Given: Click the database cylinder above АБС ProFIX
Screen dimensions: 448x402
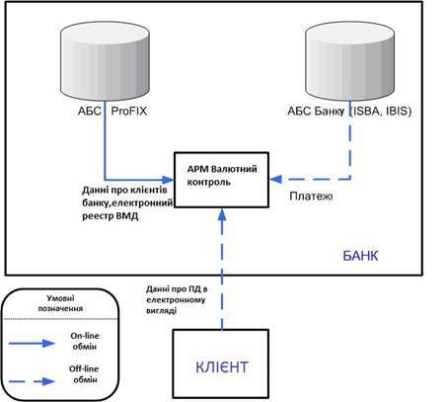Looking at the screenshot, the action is pos(105,61).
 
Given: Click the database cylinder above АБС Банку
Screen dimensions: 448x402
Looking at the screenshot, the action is pos(350,61).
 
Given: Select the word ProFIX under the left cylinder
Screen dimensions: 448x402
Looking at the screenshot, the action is pos(129,111).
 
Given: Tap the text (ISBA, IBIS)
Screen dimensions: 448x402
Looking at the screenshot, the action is pos(380,111).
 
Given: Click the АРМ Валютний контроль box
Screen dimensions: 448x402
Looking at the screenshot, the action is pos(221,180).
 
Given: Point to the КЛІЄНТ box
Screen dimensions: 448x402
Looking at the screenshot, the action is pos(221,363).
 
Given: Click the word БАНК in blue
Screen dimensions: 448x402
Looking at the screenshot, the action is pos(360,256).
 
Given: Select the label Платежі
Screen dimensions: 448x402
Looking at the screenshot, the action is pos(311,197).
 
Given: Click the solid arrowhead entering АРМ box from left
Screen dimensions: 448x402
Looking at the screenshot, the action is pos(168,180).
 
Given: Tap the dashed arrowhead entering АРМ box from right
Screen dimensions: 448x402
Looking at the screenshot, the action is pos(275,180).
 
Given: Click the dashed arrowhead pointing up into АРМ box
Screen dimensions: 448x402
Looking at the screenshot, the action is pos(222,214).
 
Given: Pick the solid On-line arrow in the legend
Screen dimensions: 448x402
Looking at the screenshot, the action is pos(32,344).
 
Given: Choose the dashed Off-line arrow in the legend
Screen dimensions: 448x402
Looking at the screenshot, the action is pos(32,381).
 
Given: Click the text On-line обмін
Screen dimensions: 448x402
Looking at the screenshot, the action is pos(85,341).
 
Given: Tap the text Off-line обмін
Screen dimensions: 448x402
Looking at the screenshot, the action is pos(84,374).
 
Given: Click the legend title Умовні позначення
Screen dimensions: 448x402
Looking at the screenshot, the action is pos(60,303).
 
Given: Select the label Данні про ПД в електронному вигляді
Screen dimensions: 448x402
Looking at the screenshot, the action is pos(177,299).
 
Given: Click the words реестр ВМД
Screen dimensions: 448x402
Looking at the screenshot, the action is pos(111,216).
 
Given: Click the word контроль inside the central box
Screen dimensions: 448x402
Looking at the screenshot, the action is pos(208,182).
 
